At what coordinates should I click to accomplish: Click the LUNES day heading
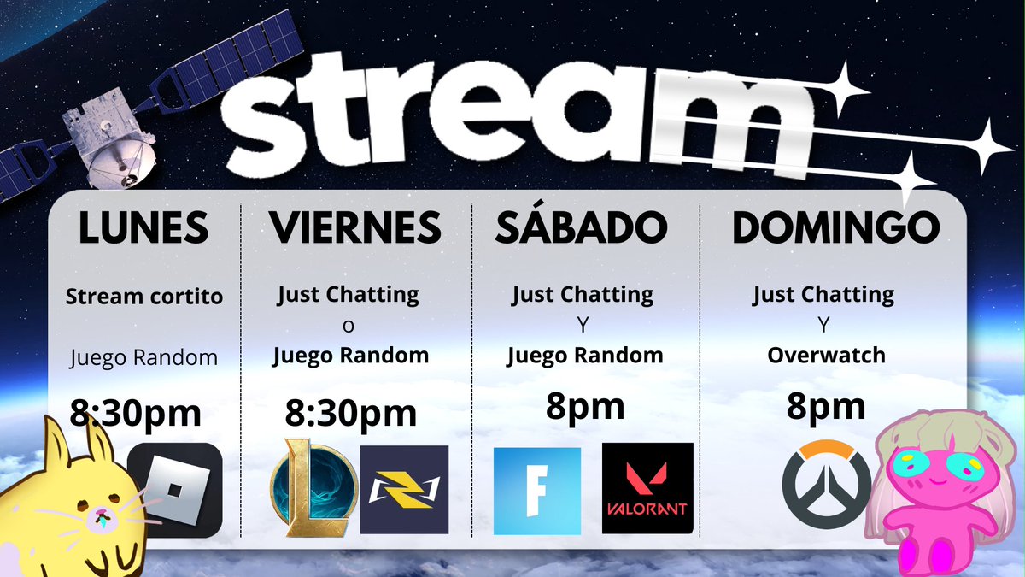click(143, 227)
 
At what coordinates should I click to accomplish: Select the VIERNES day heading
click(355, 227)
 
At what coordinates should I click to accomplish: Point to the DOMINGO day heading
click(836, 227)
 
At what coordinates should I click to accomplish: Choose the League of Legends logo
click(314, 488)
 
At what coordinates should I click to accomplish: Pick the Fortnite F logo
click(537, 491)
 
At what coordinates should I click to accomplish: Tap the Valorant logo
click(647, 488)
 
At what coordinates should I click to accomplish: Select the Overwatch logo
click(826, 485)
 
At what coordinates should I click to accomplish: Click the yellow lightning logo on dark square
click(405, 490)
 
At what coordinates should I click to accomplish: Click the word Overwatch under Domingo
click(827, 356)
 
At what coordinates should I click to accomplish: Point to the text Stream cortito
click(144, 297)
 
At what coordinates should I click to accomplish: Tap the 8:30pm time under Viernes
click(351, 414)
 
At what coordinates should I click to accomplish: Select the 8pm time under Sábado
click(585, 407)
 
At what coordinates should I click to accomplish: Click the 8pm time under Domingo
click(826, 407)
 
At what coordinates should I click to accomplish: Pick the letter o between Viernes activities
click(348, 326)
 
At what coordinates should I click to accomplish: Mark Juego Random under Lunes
click(143, 357)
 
